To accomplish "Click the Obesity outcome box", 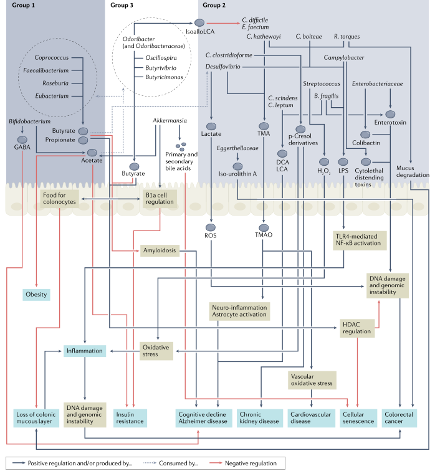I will tap(37, 293).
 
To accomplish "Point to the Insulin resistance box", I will tap(130, 417).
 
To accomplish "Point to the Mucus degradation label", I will tap(413, 171).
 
